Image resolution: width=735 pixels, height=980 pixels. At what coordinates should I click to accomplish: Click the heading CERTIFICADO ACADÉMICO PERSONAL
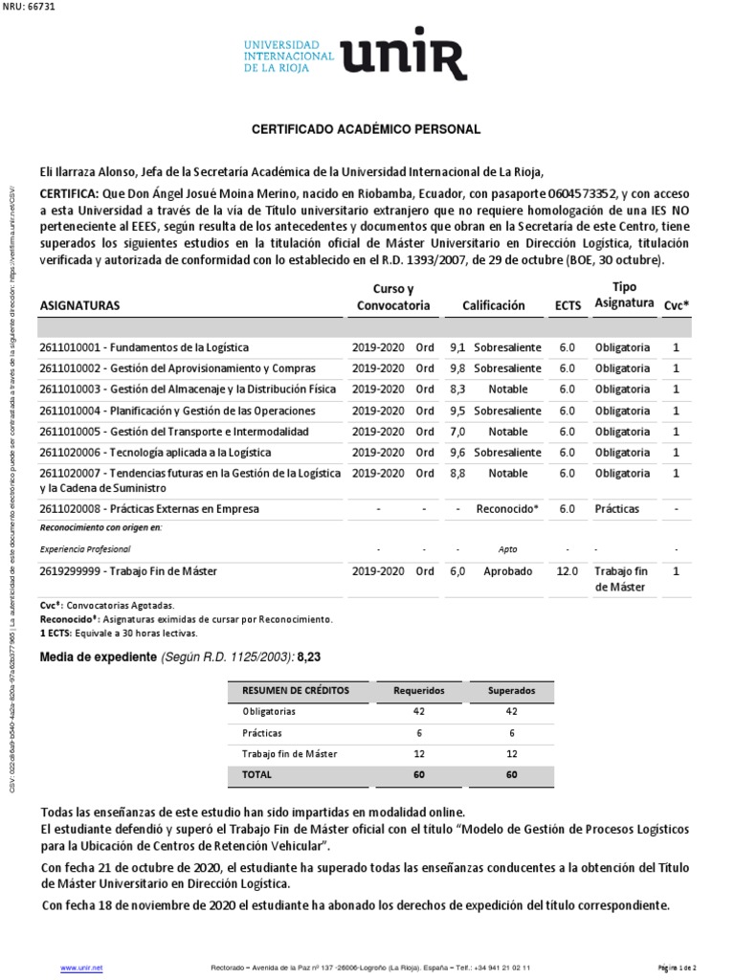click(x=366, y=129)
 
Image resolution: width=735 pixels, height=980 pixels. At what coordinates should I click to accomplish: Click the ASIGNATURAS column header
click(x=79, y=305)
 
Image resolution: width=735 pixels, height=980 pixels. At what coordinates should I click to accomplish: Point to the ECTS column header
click(x=568, y=305)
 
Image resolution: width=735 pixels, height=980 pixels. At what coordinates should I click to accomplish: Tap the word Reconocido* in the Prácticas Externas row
click(x=507, y=509)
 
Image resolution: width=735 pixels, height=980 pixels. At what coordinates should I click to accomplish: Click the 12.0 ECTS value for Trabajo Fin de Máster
click(x=568, y=571)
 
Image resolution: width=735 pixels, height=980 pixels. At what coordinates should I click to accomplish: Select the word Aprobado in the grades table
click(x=507, y=571)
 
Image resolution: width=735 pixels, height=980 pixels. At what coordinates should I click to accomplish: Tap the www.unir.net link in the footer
click(x=81, y=969)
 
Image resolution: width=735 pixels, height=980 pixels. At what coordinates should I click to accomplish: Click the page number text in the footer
click(x=681, y=969)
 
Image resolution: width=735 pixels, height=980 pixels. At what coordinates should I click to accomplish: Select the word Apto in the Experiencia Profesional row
click(x=507, y=549)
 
